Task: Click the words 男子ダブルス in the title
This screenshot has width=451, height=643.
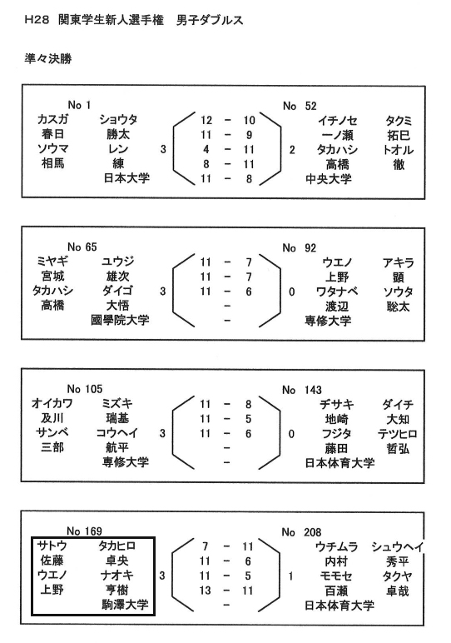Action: point(210,20)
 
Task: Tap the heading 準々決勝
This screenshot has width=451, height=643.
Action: point(48,59)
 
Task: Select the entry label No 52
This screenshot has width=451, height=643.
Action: point(300,107)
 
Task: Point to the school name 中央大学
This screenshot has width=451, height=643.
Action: point(329,179)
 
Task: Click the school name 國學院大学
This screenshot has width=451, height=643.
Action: point(120,320)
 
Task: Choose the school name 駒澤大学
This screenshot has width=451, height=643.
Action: point(125,605)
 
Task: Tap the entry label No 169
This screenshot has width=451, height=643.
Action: point(84,531)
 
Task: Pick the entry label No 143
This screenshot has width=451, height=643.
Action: point(302,390)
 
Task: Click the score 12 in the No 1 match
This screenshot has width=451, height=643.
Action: point(206,120)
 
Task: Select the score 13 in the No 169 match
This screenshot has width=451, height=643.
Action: point(206,591)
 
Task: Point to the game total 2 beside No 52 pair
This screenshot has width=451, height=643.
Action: point(292,150)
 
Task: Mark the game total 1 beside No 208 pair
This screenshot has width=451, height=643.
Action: point(291,576)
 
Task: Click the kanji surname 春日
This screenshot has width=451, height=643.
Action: point(53,134)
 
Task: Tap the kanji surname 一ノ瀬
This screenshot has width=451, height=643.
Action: point(337,135)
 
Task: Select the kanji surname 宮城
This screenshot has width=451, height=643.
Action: point(53,276)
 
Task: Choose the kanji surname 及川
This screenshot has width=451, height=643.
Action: point(52,418)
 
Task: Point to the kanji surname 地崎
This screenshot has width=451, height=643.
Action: point(337,419)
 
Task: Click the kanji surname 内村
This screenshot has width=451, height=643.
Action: point(336,561)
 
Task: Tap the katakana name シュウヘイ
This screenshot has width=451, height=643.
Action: point(397,546)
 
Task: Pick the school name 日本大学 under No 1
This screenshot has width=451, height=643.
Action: point(126,178)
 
